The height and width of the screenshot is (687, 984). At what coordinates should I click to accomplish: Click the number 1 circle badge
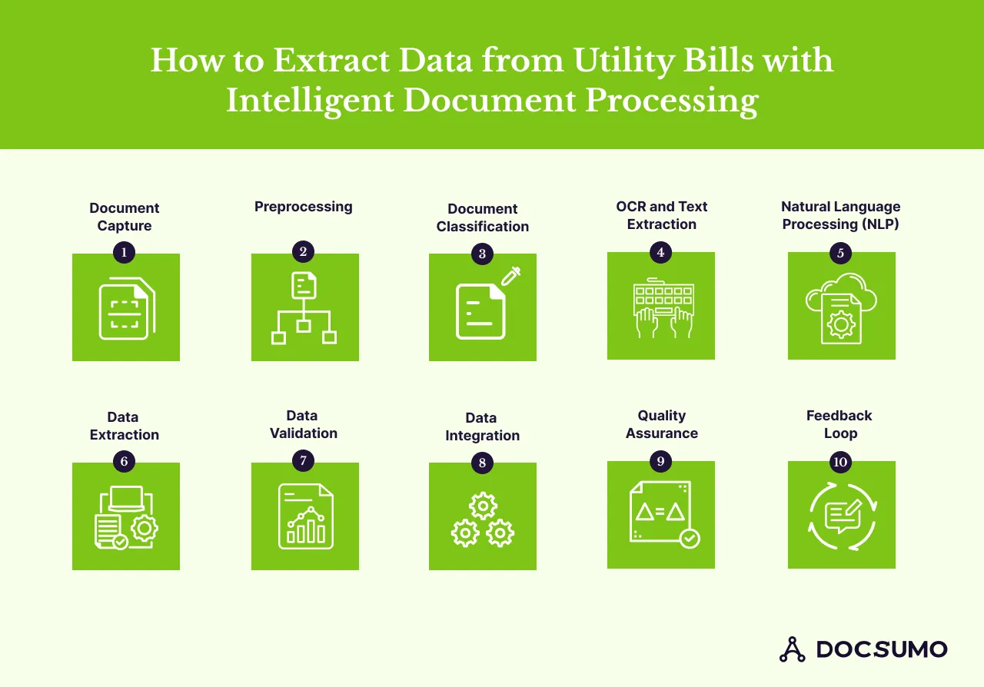point(124,251)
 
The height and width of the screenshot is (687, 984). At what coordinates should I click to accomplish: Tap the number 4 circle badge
point(660,251)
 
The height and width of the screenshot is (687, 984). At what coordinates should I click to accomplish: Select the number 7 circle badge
point(303,460)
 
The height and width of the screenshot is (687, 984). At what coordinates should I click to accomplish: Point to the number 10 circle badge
point(840,462)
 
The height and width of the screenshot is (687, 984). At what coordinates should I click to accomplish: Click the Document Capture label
point(125,217)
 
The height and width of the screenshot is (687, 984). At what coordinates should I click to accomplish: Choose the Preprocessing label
point(303,207)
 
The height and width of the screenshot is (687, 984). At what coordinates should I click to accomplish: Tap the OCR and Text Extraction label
point(661,215)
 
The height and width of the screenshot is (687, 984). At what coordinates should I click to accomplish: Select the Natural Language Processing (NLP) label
point(840,215)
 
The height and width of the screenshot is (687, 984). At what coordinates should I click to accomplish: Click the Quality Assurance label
point(661,424)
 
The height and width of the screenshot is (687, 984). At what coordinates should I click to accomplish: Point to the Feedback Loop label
point(839,424)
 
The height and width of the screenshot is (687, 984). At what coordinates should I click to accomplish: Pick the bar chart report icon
point(305,516)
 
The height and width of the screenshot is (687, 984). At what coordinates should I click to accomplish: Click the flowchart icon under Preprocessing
point(304,307)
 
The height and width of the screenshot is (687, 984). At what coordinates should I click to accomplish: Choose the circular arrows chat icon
point(843,516)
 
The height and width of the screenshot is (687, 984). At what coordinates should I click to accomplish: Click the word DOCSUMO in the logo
point(881,649)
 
